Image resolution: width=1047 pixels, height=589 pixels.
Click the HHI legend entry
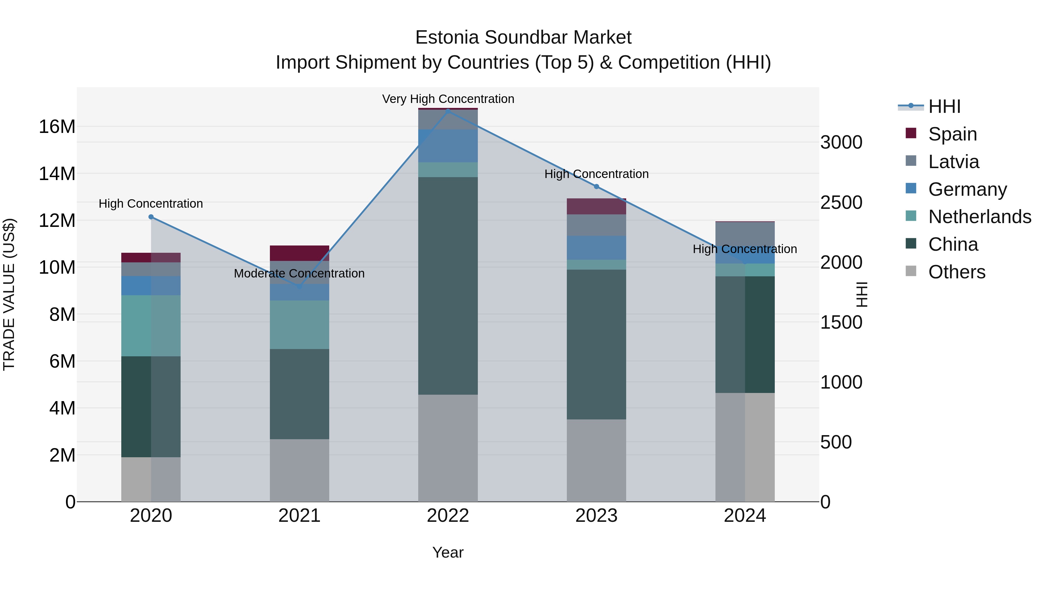coord(944,106)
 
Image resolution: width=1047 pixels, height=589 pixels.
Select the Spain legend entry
coord(952,134)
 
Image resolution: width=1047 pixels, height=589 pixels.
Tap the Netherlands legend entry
coord(979,217)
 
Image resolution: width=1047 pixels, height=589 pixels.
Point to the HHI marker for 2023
coord(596,186)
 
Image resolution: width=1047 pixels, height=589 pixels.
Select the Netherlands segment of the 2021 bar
coord(300,325)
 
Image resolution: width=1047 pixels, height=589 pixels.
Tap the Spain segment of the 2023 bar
coord(596,207)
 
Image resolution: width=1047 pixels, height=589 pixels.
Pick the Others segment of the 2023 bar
coord(596,460)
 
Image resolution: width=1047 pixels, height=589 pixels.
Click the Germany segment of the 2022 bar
coord(448,146)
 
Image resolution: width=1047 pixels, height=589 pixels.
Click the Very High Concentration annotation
coord(448,99)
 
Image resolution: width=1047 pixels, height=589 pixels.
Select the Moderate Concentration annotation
coord(299,274)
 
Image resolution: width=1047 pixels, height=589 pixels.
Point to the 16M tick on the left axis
coord(57,127)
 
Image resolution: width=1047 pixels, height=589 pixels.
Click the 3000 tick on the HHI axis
coord(841,143)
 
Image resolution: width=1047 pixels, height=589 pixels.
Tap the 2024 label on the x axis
coord(745,516)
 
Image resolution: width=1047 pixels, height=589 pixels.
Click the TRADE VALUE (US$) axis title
coord(9,294)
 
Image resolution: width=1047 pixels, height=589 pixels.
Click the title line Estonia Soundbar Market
coord(523,38)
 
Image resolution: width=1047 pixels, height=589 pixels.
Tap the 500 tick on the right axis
coord(836,442)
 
